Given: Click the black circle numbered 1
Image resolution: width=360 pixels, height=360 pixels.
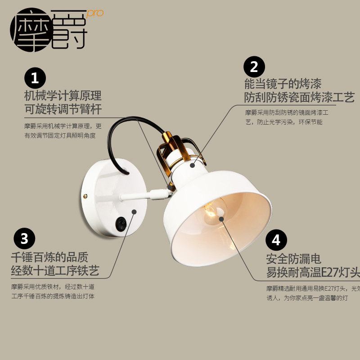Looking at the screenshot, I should tap(35, 79).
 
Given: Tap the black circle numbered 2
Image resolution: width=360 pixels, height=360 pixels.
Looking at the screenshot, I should tap(254, 67).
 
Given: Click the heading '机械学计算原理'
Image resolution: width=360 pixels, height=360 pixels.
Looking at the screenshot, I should tap(63, 96).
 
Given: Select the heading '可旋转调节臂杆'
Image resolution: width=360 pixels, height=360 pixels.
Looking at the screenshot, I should tap(63, 109).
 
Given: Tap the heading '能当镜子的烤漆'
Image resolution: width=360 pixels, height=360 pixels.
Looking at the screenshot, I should tap(283, 84).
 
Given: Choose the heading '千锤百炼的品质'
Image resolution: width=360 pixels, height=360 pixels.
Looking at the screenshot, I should tap(49, 257).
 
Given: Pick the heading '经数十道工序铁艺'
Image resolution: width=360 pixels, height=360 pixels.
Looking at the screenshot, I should tap(55, 270).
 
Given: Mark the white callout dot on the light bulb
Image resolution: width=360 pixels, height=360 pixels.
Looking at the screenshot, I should tap(222, 219).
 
